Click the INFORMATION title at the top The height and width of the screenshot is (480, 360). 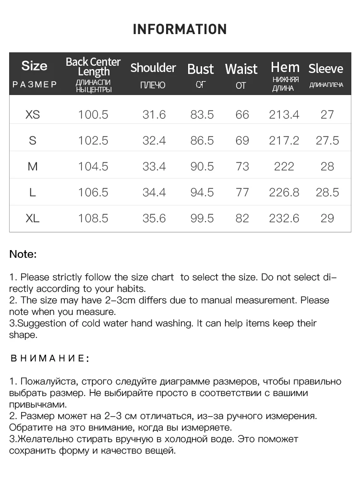click(x=180, y=29)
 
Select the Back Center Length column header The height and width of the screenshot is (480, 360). click(x=93, y=67)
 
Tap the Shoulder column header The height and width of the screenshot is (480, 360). click(x=153, y=68)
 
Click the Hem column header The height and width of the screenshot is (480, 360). click(x=285, y=67)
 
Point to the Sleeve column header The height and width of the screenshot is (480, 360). click(x=326, y=69)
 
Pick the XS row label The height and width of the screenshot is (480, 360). click(x=33, y=115)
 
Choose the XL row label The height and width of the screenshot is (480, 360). click(x=33, y=218)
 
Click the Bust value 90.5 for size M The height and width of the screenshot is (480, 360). click(x=202, y=167)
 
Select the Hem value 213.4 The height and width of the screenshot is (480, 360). click(x=284, y=115)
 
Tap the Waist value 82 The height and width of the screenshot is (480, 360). click(x=242, y=218)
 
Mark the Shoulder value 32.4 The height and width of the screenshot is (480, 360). click(x=154, y=141)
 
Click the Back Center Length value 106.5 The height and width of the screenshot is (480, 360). click(x=93, y=192)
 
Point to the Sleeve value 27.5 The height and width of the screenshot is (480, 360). click(x=327, y=141)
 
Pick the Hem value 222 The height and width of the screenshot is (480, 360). click(x=284, y=167)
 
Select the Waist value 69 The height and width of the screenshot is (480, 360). click(x=242, y=141)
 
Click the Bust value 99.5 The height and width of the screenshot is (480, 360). click(x=202, y=218)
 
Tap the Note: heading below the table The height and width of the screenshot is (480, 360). click(x=23, y=254)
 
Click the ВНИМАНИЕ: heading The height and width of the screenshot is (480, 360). click(x=49, y=358)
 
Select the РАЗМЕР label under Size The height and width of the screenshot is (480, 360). click(x=35, y=84)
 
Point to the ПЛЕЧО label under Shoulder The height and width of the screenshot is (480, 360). click(x=153, y=85)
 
